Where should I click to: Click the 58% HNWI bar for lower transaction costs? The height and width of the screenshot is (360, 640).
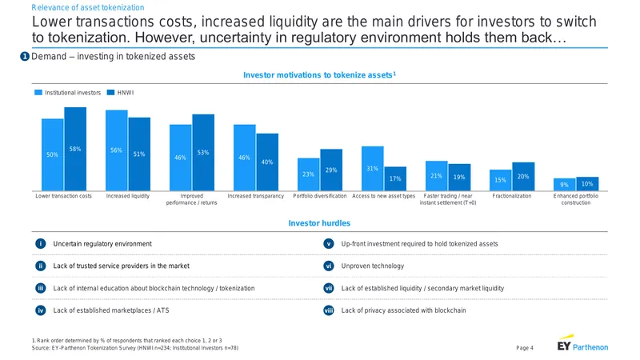[75, 149]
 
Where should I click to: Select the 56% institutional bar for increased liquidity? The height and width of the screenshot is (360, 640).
[117, 150]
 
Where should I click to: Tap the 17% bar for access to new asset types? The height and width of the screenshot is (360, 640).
[395, 178]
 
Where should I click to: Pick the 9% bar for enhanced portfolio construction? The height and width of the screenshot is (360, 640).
[564, 185]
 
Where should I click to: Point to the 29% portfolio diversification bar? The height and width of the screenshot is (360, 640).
[331, 170]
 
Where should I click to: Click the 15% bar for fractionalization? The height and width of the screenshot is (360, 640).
[501, 180]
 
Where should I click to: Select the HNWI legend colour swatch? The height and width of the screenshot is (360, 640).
[110, 93]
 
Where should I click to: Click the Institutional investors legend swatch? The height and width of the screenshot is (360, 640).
[38, 93]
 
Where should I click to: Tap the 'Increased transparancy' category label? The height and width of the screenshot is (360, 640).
[255, 196]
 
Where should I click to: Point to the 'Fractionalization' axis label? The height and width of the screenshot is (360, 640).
[512, 196]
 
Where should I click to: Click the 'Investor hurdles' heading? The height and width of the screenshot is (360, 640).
[319, 223]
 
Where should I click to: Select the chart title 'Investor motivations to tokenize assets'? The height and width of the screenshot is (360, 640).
[319, 75]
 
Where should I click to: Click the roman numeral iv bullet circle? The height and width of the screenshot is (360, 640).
[41, 310]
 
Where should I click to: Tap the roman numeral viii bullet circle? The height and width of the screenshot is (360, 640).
[329, 310]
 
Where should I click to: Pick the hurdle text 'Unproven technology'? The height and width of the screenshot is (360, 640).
[373, 266]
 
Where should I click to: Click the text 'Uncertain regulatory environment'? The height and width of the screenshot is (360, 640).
[102, 244]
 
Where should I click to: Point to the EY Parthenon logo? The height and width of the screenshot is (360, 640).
[582, 343]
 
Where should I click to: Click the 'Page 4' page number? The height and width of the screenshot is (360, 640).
[525, 348]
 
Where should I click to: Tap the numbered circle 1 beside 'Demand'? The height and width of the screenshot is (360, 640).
[25, 56]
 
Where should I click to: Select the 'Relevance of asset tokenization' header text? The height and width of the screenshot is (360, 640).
[88, 7]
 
